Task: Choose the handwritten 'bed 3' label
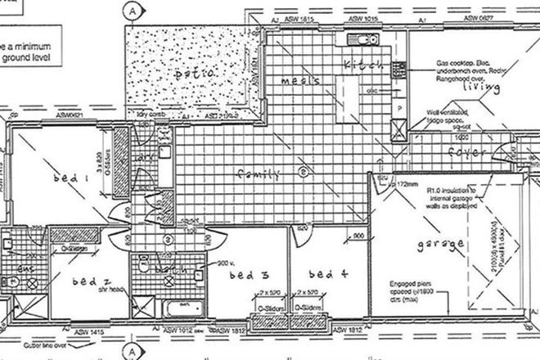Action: click(x=252, y=276)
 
